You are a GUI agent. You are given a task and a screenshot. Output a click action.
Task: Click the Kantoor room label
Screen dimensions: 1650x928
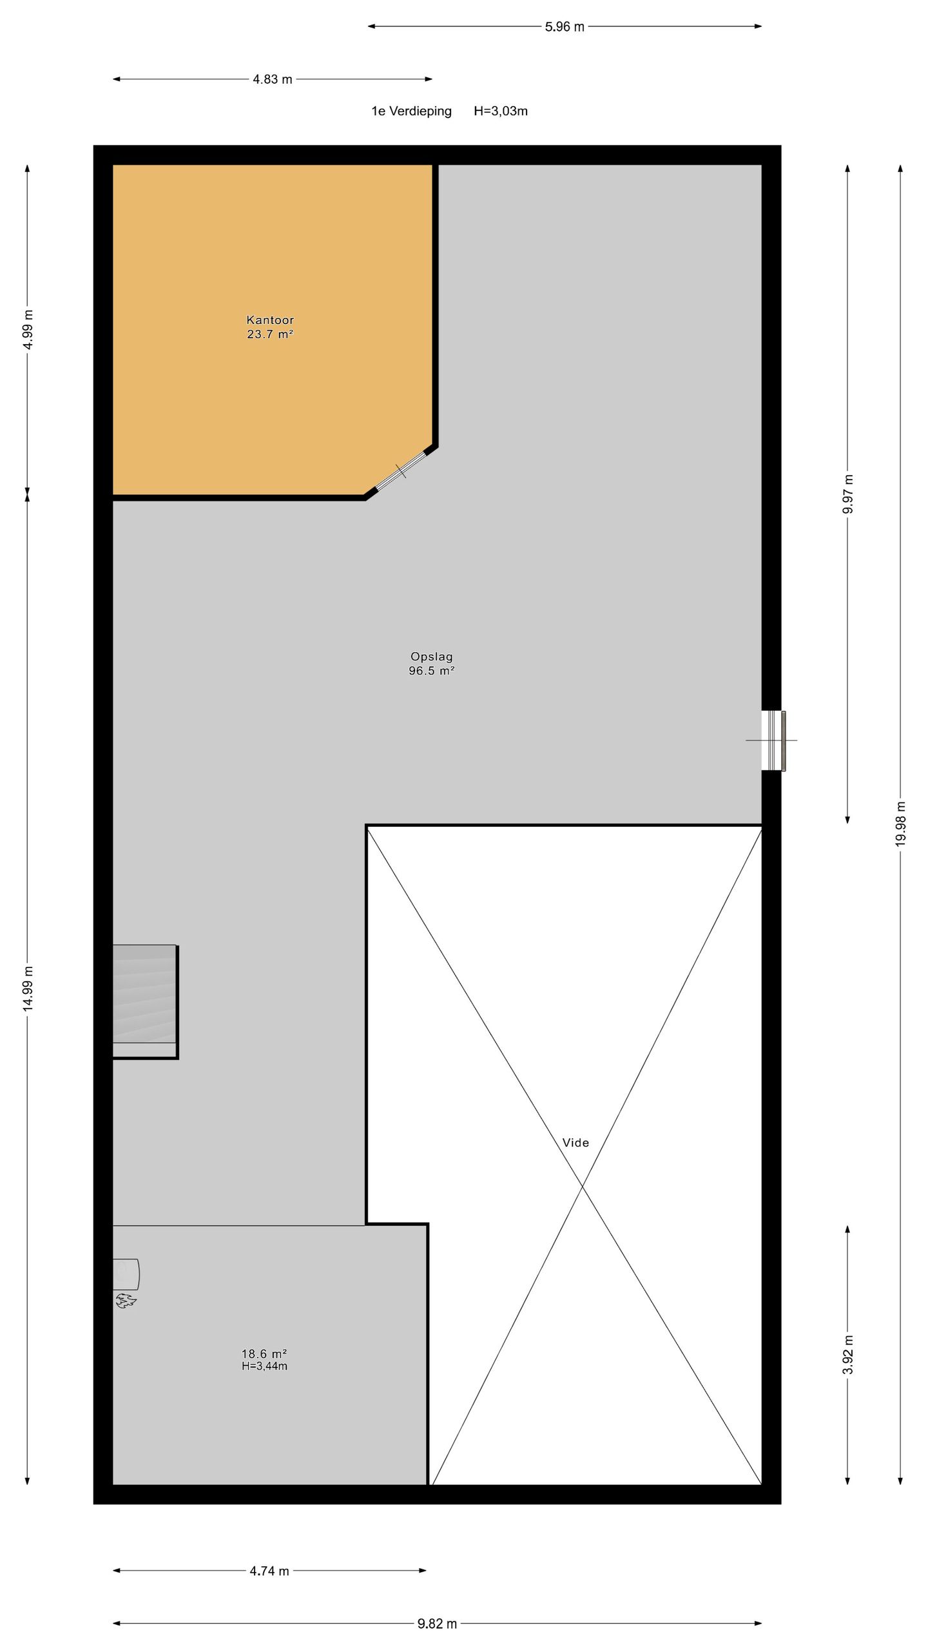coord(270,320)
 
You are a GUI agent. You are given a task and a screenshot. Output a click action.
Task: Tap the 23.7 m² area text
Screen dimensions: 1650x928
coord(270,334)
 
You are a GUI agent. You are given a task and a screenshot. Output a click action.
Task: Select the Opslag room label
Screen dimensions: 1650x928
coord(431,656)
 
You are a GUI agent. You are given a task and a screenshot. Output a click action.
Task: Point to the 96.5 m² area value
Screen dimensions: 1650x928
coord(431,670)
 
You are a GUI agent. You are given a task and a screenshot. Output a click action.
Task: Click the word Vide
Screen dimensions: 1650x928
coord(575,1143)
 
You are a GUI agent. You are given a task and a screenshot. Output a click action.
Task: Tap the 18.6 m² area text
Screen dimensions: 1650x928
coord(264,1354)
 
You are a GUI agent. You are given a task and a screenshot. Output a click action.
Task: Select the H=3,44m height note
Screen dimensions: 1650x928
coord(264,1366)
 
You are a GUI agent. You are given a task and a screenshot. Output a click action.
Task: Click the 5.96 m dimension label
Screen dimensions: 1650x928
coord(565,27)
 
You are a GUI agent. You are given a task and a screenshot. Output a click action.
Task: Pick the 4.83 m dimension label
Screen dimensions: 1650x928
coord(272,80)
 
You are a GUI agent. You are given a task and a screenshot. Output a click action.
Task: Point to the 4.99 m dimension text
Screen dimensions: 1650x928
coord(28,329)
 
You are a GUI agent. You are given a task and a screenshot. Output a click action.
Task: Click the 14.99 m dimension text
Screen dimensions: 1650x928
coord(28,989)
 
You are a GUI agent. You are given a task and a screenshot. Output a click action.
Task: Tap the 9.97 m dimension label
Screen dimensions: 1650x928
coord(848,494)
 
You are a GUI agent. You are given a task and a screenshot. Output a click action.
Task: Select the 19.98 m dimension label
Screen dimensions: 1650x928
coord(901,824)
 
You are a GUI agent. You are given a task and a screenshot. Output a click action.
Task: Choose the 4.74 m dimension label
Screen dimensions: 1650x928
coord(269,1571)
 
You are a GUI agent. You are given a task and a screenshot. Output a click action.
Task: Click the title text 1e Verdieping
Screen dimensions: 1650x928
coord(411,112)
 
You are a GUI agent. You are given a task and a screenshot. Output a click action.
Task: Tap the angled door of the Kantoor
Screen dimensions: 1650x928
coord(401,471)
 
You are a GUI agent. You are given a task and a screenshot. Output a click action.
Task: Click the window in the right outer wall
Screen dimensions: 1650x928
coord(773,741)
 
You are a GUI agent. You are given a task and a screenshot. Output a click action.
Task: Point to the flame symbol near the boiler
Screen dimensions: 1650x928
coord(126,1301)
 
